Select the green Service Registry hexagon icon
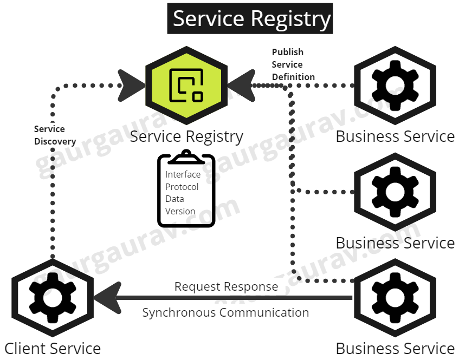coord(186,85)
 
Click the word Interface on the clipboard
coord(183,174)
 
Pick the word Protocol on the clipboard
coord(182,187)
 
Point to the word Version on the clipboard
coord(180,211)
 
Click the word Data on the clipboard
coord(174,199)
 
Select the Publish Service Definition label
coord(293,64)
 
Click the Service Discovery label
coord(54,135)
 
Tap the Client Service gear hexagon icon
coord(53,297)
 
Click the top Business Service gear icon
coord(395,86)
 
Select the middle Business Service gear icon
coord(395,192)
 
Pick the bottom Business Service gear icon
coord(395,297)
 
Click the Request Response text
coord(226,286)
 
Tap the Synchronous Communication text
coord(225,312)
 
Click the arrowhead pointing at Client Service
coord(108,297)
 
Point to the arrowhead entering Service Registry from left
coord(132,85)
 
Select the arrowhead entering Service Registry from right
coord(241,85)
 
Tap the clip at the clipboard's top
coord(186,156)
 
